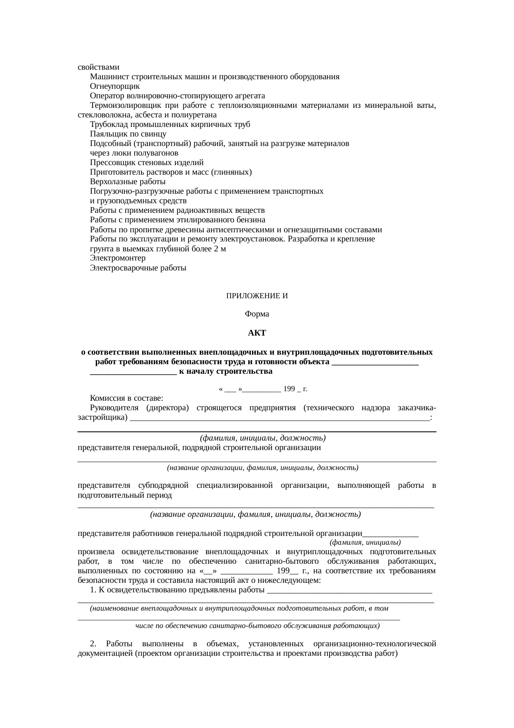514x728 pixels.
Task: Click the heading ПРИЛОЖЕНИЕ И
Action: [257, 296]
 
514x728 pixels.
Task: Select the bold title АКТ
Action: [257, 333]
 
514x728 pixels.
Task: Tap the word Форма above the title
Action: [257, 314]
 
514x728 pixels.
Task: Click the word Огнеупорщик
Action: [115, 86]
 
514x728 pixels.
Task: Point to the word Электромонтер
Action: [118, 258]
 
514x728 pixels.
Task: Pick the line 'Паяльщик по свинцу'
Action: [128, 134]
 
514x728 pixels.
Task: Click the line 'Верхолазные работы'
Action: [128, 182]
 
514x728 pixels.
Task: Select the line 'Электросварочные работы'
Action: [138, 268]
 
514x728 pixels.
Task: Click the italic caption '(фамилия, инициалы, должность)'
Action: [262, 438]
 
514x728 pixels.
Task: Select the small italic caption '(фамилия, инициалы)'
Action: [365, 542]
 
